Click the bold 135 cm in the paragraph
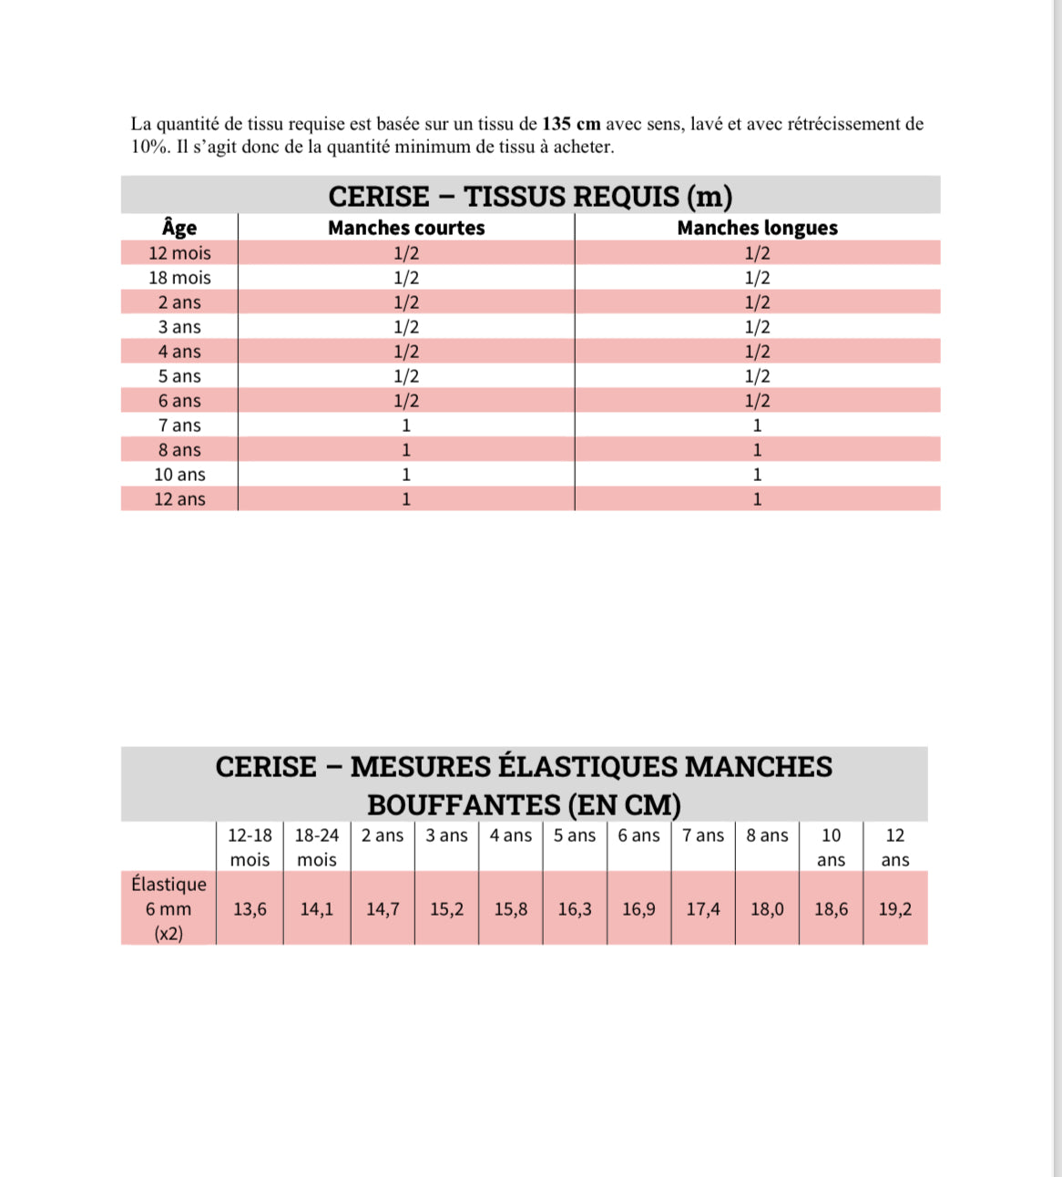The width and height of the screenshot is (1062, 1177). pyautogui.click(x=571, y=124)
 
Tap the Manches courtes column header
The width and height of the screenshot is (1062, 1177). pyautogui.click(x=406, y=228)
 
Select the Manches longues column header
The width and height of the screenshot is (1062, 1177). pyautogui.click(x=757, y=228)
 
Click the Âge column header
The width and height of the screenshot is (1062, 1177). pyautogui.click(x=179, y=228)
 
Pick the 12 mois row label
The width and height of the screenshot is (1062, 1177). pyautogui.click(x=179, y=253)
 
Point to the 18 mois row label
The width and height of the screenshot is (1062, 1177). pyautogui.click(x=179, y=278)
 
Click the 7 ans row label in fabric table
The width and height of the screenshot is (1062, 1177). pyautogui.click(x=179, y=425)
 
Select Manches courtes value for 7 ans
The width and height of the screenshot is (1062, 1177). pyautogui.click(x=406, y=425)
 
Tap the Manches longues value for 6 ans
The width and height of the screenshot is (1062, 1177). pyautogui.click(x=757, y=401)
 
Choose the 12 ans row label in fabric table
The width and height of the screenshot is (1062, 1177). pyautogui.click(x=179, y=499)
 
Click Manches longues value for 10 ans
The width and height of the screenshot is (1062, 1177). pyautogui.click(x=757, y=475)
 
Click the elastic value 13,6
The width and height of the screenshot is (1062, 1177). pyautogui.click(x=250, y=909)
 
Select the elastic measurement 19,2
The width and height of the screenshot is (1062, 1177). pyautogui.click(x=894, y=909)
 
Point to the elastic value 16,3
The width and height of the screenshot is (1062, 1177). pyautogui.click(x=575, y=909)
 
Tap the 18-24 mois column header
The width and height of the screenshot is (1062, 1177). pyautogui.click(x=316, y=847)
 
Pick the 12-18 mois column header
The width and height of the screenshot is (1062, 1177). pyautogui.click(x=250, y=847)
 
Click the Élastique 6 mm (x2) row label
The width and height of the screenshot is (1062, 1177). pyautogui.click(x=168, y=908)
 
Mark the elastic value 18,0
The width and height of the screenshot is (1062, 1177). pyautogui.click(x=767, y=909)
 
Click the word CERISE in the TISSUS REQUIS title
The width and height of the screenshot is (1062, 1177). pyautogui.click(x=379, y=197)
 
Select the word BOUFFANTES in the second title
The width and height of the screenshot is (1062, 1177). pyautogui.click(x=464, y=805)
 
